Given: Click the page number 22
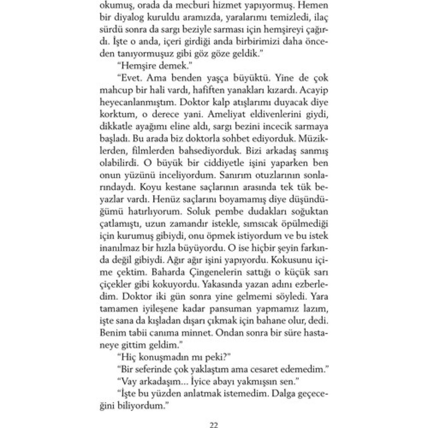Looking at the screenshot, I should click(x=214, y=425).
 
